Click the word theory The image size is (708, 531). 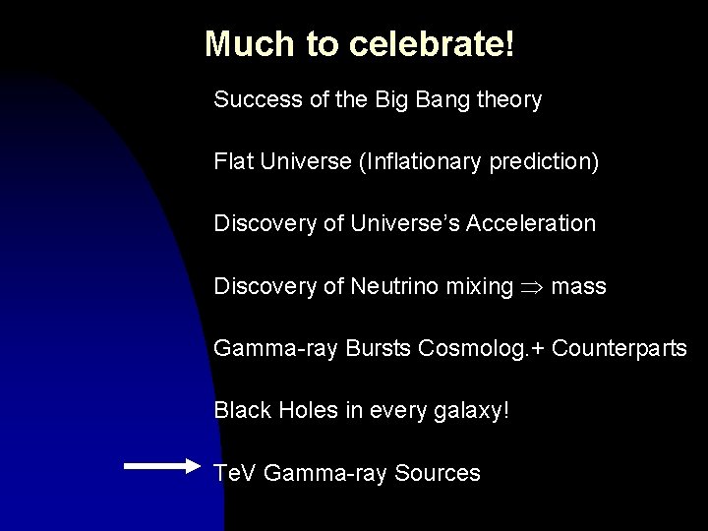512,100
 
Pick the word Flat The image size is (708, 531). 233,162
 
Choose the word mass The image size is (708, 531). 579,286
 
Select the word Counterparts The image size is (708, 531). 619,349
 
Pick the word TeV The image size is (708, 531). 234,473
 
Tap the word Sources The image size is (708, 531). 437,473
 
